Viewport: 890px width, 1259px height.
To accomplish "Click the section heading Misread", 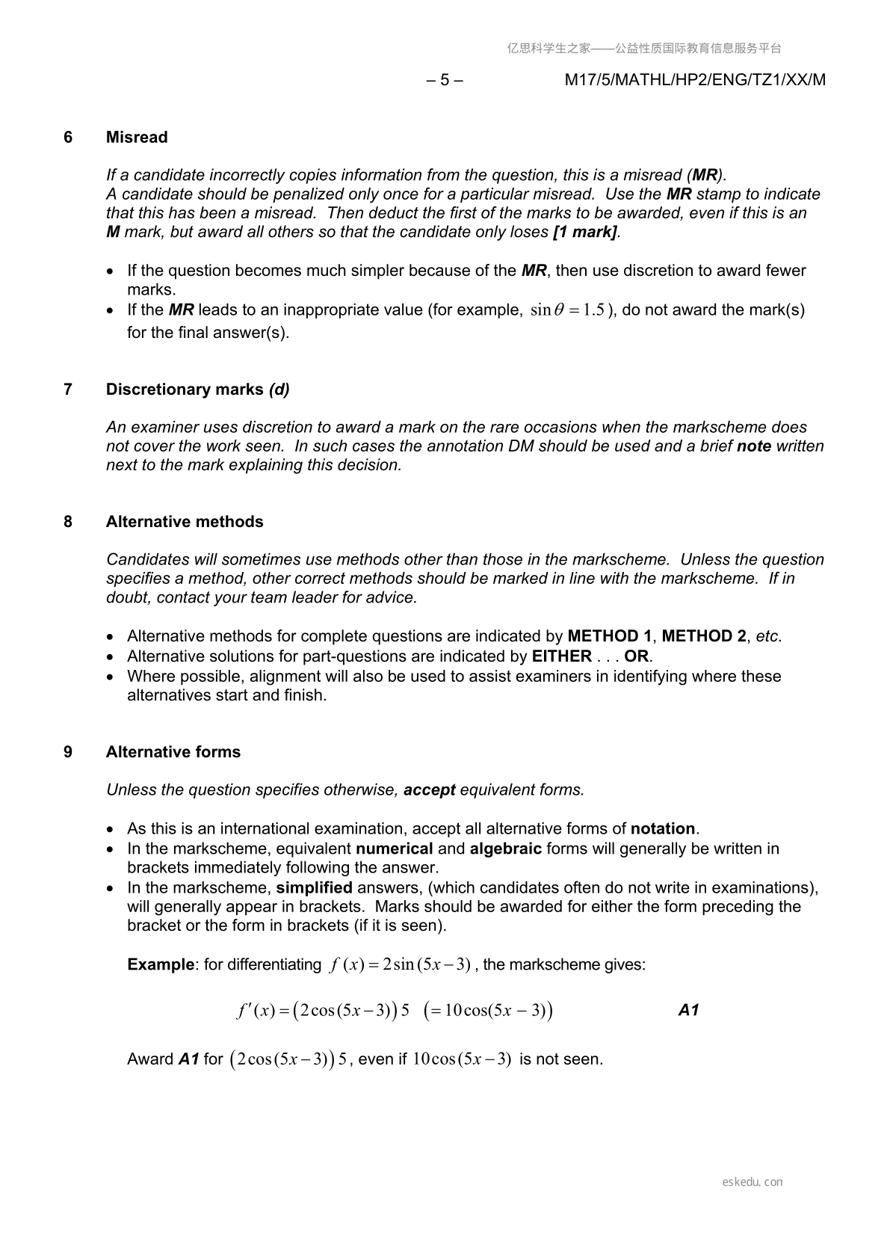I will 137,138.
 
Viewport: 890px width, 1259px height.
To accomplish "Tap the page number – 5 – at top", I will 445,80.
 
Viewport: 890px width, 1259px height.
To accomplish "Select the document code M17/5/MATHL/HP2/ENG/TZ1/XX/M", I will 695,80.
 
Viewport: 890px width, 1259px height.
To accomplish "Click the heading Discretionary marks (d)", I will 197,390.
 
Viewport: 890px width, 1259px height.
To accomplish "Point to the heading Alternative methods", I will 185,522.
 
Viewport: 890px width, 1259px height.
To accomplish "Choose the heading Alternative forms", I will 173,752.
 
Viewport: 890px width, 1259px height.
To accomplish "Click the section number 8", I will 68,522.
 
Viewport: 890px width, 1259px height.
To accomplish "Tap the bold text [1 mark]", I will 585,232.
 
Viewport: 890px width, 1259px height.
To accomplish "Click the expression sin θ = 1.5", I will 567,310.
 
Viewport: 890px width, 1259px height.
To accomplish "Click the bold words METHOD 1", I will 609,636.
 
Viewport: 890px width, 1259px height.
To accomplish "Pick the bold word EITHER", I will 561,656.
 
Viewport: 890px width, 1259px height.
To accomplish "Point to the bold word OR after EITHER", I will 637,656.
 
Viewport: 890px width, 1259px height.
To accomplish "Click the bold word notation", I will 663,828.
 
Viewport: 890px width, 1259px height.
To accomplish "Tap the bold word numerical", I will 395,849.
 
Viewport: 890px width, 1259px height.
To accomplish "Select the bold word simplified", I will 314,887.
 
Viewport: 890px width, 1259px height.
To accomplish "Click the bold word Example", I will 161,964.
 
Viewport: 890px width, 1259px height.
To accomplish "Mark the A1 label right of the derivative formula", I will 688,1011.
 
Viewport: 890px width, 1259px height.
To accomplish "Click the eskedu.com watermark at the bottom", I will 753,1182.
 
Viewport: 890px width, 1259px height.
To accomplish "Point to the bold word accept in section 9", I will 429,790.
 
